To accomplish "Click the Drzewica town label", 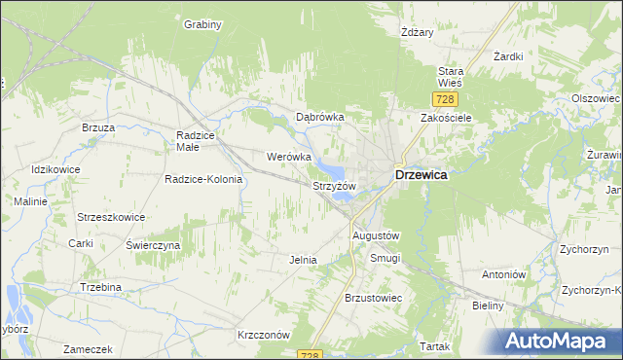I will click(421, 175).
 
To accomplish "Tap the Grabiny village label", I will click(203, 24).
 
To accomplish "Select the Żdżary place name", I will click(417, 32).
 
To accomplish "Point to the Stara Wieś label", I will click(451, 77).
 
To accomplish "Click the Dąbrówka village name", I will click(320, 117).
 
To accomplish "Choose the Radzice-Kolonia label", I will click(202, 179).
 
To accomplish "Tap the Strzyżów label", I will click(334, 185).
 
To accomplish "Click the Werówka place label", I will click(288, 156).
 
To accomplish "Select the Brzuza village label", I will click(98, 127).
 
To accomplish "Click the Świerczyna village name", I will click(153, 246).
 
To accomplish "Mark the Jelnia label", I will click(303, 260).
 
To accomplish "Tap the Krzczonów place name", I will click(264, 334).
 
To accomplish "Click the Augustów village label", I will click(376, 235).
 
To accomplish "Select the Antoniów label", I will click(503, 274).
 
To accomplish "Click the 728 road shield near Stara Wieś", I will click(443, 99).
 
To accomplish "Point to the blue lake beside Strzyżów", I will click(343, 198).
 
